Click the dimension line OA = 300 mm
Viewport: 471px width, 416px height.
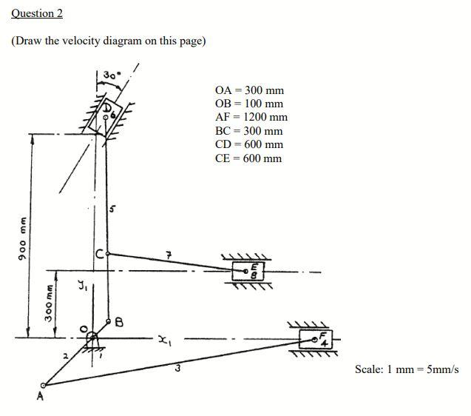[249, 90]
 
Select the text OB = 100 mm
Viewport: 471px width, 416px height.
[248, 104]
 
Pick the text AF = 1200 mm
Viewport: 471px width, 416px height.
[251, 118]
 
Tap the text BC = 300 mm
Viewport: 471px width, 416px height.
[248, 131]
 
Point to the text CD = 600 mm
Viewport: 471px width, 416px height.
[248, 144]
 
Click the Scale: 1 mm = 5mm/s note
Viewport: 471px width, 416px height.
[407, 369]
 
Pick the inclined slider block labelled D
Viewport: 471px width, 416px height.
[104, 116]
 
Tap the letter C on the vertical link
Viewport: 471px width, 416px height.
[100, 255]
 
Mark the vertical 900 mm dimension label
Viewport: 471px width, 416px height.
[23, 235]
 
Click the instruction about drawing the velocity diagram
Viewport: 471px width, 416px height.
[108, 41]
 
